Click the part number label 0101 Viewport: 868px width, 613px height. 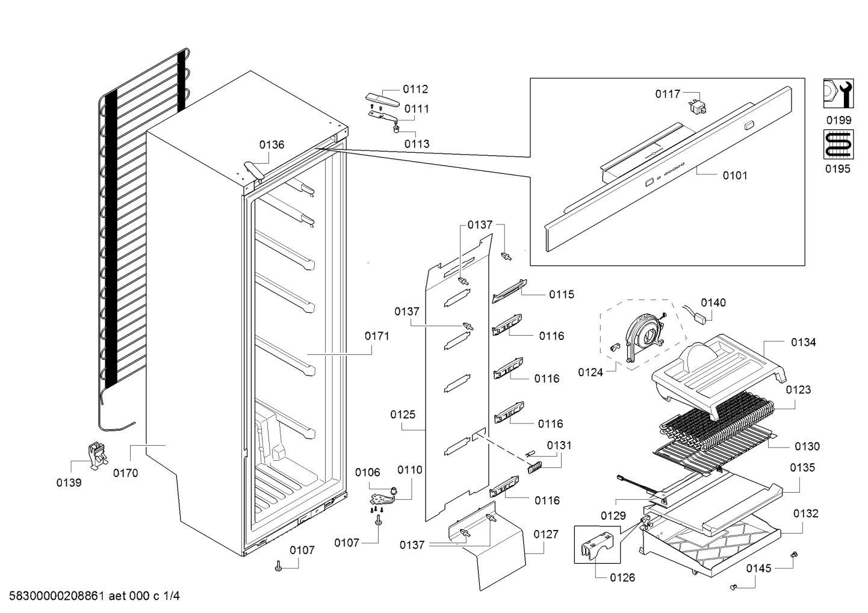tap(734, 176)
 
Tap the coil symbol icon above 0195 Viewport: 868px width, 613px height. tap(837, 145)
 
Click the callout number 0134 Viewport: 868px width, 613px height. tap(803, 342)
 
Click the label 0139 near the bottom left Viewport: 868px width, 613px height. tap(69, 482)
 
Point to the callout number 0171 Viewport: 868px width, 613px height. tap(377, 336)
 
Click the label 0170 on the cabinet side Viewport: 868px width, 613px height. tap(125, 473)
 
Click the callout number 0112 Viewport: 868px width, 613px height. tap(415, 89)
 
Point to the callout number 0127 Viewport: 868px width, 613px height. tap(545, 534)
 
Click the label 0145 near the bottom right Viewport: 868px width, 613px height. tap(760, 568)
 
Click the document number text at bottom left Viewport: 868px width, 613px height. tap(91, 597)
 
